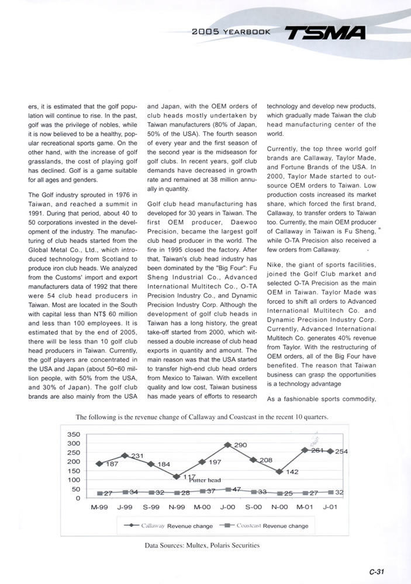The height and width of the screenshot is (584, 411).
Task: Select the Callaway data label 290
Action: (240, 446)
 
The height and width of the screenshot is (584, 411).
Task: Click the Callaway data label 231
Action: (137, 456)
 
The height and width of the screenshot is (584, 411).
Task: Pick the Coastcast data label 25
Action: (288, 493)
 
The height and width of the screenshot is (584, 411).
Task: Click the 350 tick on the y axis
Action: (74, 434)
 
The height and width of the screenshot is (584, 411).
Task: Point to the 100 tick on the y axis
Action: (74, 480)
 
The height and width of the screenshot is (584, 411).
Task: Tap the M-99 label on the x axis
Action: (99, 507)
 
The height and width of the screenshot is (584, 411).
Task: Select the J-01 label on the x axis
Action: (330, 507)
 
